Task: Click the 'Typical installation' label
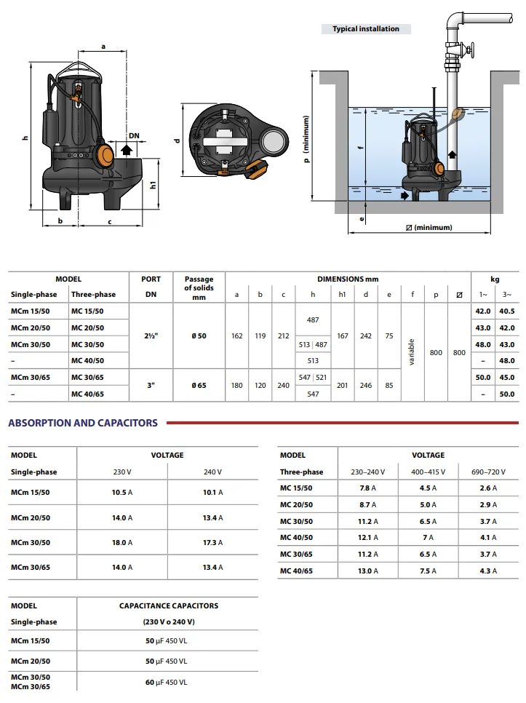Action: click(366, 29)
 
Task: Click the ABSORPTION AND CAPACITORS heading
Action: click(83, 423)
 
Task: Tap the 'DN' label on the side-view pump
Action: click(134, 135)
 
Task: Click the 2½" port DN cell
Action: click(151, 335)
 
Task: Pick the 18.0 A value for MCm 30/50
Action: click(122, 543)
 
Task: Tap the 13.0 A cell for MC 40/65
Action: click(367, 571)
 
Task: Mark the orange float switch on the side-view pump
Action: click(105, 154)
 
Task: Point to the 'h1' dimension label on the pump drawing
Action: click(153, 185)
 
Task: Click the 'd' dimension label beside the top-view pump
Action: click(177, 140)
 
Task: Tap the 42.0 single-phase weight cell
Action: click(483, 311)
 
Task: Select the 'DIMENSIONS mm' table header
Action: click(348, 279)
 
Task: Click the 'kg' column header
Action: click(495, 279)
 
